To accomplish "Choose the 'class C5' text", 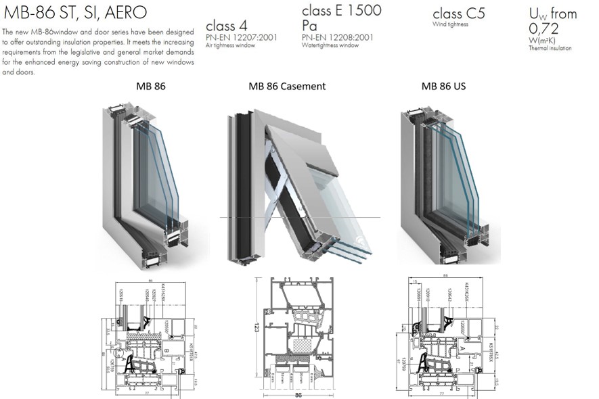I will [458, 14].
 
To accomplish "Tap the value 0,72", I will [543, 28].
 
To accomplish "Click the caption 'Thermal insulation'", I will [550, 48].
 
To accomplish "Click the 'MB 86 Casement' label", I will [287, 87].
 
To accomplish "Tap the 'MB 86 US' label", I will [443, 87].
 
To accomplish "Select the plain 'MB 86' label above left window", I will [150, 87].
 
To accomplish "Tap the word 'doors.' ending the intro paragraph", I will [10, 72].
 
